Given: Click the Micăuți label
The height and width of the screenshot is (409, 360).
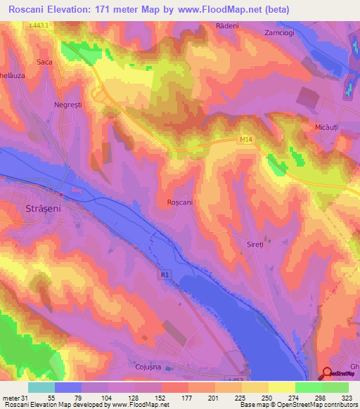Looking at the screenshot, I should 326,127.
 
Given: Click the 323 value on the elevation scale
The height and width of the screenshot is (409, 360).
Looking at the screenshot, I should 347,397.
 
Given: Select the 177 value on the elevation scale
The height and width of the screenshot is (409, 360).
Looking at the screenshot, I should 187,397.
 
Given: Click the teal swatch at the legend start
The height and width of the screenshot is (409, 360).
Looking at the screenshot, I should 41,387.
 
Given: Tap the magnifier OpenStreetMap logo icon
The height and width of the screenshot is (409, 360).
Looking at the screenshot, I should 327,373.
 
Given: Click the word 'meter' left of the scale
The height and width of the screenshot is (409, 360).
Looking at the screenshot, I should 12,397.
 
